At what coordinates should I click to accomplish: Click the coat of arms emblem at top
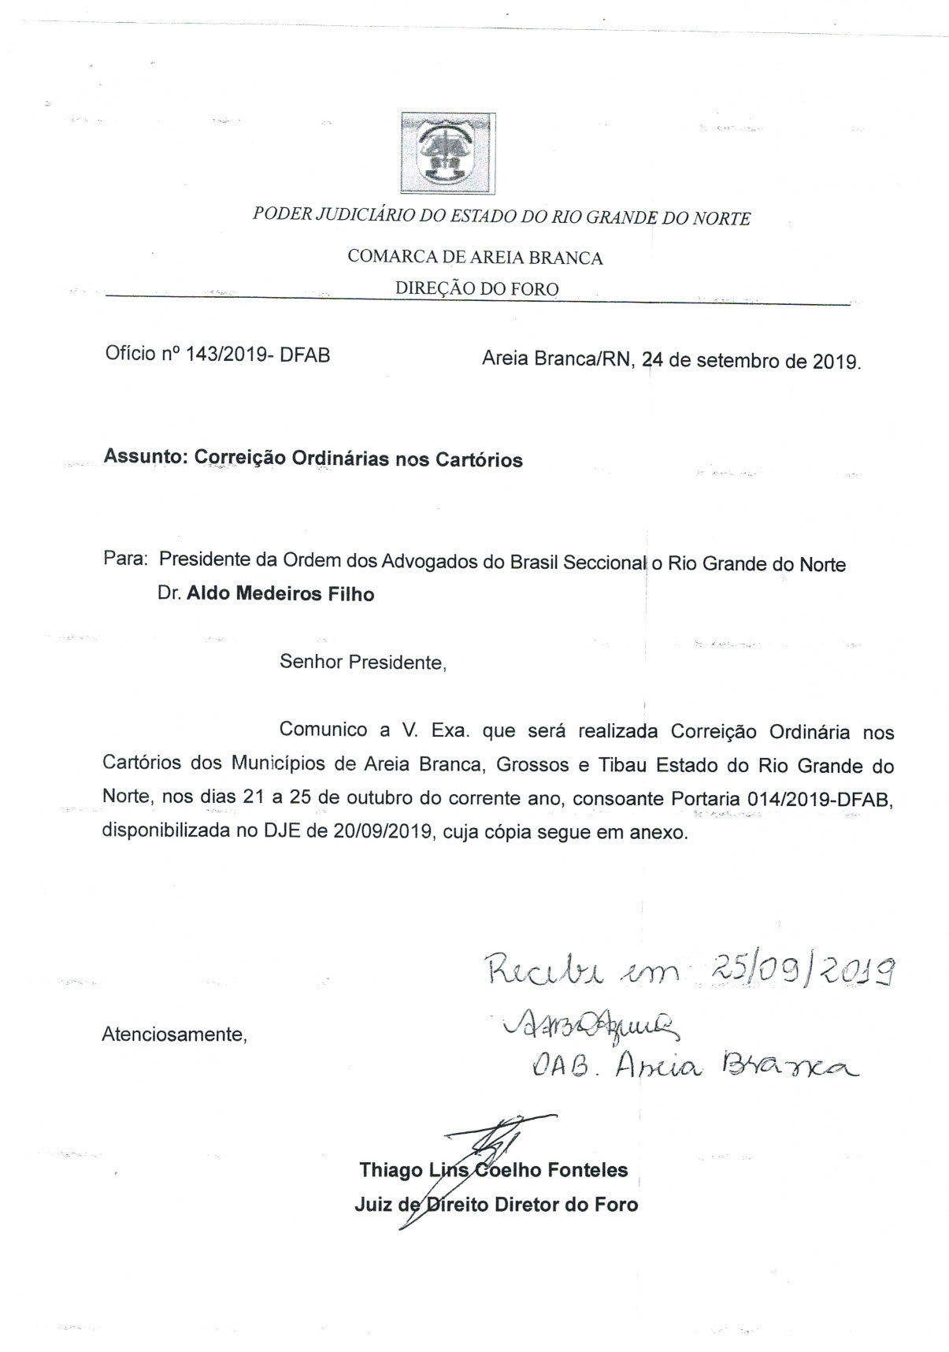pyautogui.click(x=448, y=154)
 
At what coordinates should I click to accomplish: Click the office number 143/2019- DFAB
pyautogui.click(x=257, y=355)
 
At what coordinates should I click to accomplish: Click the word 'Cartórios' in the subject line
pyautogui.click(x=479, y=459)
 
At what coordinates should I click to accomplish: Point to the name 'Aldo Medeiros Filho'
pyautogui.click(x=280, y=594)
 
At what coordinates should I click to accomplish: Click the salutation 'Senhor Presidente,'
pyautogui.click(x=363, y=662)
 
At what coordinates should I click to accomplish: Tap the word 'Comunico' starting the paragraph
pyautogui.click(x=323, y=730)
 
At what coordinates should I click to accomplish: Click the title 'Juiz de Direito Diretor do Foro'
pyautogui.click(x=496, y=1205)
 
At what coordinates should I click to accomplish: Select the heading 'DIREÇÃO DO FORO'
pyautogui.click(x=476, y=289)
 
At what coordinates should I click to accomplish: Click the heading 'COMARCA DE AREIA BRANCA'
pyautogui.click(x=475, y=258)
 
